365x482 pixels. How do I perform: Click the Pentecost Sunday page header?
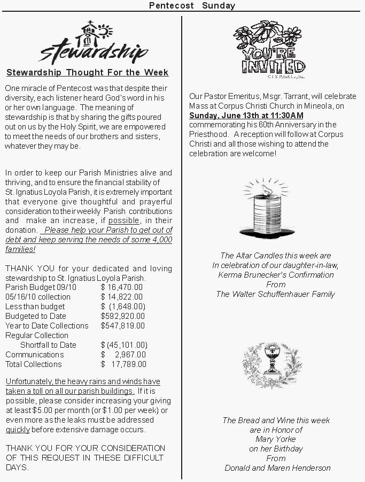tap(192, 6)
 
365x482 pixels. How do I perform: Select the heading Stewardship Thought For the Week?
tap(87, 73)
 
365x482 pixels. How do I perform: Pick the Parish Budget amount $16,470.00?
tap(122, 287)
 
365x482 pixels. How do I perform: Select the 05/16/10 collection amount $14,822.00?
tap(122, 297)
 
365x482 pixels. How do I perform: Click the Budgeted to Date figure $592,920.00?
tap(122, 316)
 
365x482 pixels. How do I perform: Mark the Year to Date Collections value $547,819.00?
tap(122, 326)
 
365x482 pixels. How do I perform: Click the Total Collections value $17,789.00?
tap(123, 364)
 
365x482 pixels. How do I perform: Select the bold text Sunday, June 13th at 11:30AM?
tap(246, 115)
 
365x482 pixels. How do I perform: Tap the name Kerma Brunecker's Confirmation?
tap(276, 275)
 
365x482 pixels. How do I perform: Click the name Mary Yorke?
tap(276, 439)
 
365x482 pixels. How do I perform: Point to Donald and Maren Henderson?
tap(277, 468)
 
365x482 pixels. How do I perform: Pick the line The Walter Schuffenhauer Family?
tap(276, 294)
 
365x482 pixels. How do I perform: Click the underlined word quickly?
tap(18, 430)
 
